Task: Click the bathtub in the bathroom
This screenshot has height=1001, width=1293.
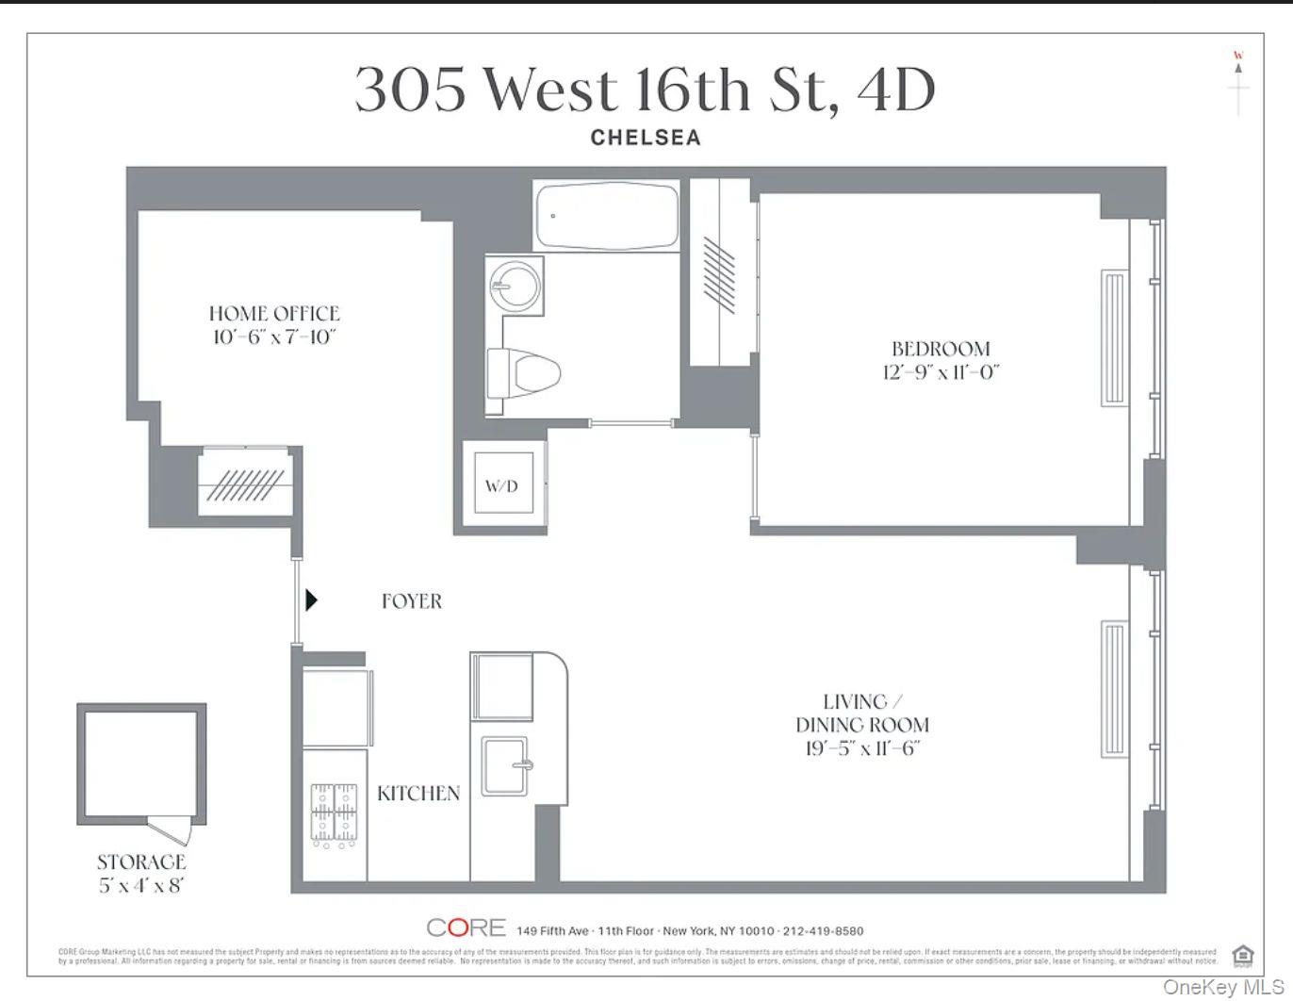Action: pos(606,216)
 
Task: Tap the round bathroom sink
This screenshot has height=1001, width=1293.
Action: pos(515,283)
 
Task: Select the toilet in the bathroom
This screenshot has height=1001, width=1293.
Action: pos(524,371)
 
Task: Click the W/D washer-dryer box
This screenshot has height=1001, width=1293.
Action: pos(502,484)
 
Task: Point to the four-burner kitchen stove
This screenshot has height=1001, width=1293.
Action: pos(334,812)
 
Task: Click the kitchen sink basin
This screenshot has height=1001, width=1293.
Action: pos(507,766)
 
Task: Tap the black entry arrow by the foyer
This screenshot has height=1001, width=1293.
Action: pos(311,599)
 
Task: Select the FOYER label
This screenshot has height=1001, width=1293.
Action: pos(412,600)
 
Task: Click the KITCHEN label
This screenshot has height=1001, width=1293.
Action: pos(418,793)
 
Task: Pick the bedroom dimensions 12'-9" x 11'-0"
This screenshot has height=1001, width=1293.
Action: pos(940,371)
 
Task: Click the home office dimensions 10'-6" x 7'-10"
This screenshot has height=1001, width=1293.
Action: pos(273,336)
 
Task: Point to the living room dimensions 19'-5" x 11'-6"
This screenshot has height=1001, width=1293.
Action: pos(861,748)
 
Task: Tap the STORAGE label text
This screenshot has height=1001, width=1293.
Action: pos(141,862)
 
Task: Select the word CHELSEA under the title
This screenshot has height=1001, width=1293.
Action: pos(646,138)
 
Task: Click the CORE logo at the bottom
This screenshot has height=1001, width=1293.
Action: pos(466,927)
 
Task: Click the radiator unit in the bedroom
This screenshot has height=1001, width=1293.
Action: pos(1114,337)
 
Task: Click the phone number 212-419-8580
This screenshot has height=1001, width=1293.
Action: pos(823,930)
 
